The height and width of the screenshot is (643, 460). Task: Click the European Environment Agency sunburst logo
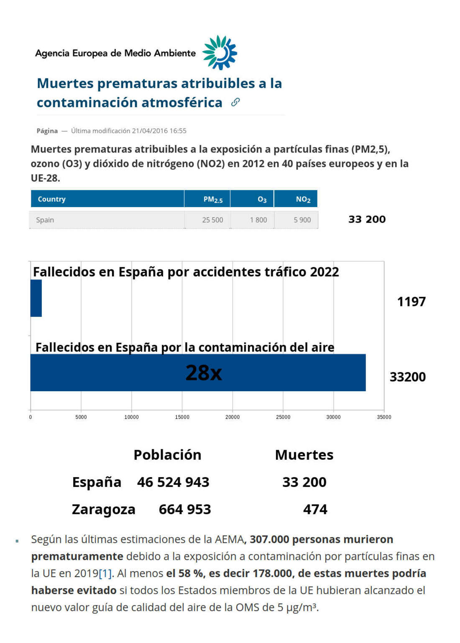(x=220, y=53)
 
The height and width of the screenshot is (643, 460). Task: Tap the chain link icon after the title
(x=235, y=102)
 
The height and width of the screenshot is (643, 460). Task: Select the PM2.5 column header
(x=212, y=199)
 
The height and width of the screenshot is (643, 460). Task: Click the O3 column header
(x=262, y=199)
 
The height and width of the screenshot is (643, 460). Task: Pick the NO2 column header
(x=303, y=199)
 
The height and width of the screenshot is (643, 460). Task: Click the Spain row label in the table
(x=45, y=220)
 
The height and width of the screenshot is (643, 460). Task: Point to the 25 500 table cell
(x=212, y=220)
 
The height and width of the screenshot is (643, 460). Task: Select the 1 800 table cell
(x=258, y=220)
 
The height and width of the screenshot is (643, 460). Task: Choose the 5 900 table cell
(x=302, y=220)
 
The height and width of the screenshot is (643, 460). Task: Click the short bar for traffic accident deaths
(x=36, y=298)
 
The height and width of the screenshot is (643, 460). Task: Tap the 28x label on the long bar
(x=204, y=373)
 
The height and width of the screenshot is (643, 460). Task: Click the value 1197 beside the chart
(x=411, y=301)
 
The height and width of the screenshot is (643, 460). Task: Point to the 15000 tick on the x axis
(x=182, y=417)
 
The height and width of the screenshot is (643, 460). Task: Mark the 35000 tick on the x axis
(x=384, y=417)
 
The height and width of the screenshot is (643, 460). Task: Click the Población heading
(x=167, y=455)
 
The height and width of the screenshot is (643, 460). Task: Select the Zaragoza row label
(x=103, y=509)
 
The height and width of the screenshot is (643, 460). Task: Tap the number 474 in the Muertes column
(x=315, y=509)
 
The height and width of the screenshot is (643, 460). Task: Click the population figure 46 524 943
(x=173, y=482)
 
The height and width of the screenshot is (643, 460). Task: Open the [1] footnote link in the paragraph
(x=105, y=573)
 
